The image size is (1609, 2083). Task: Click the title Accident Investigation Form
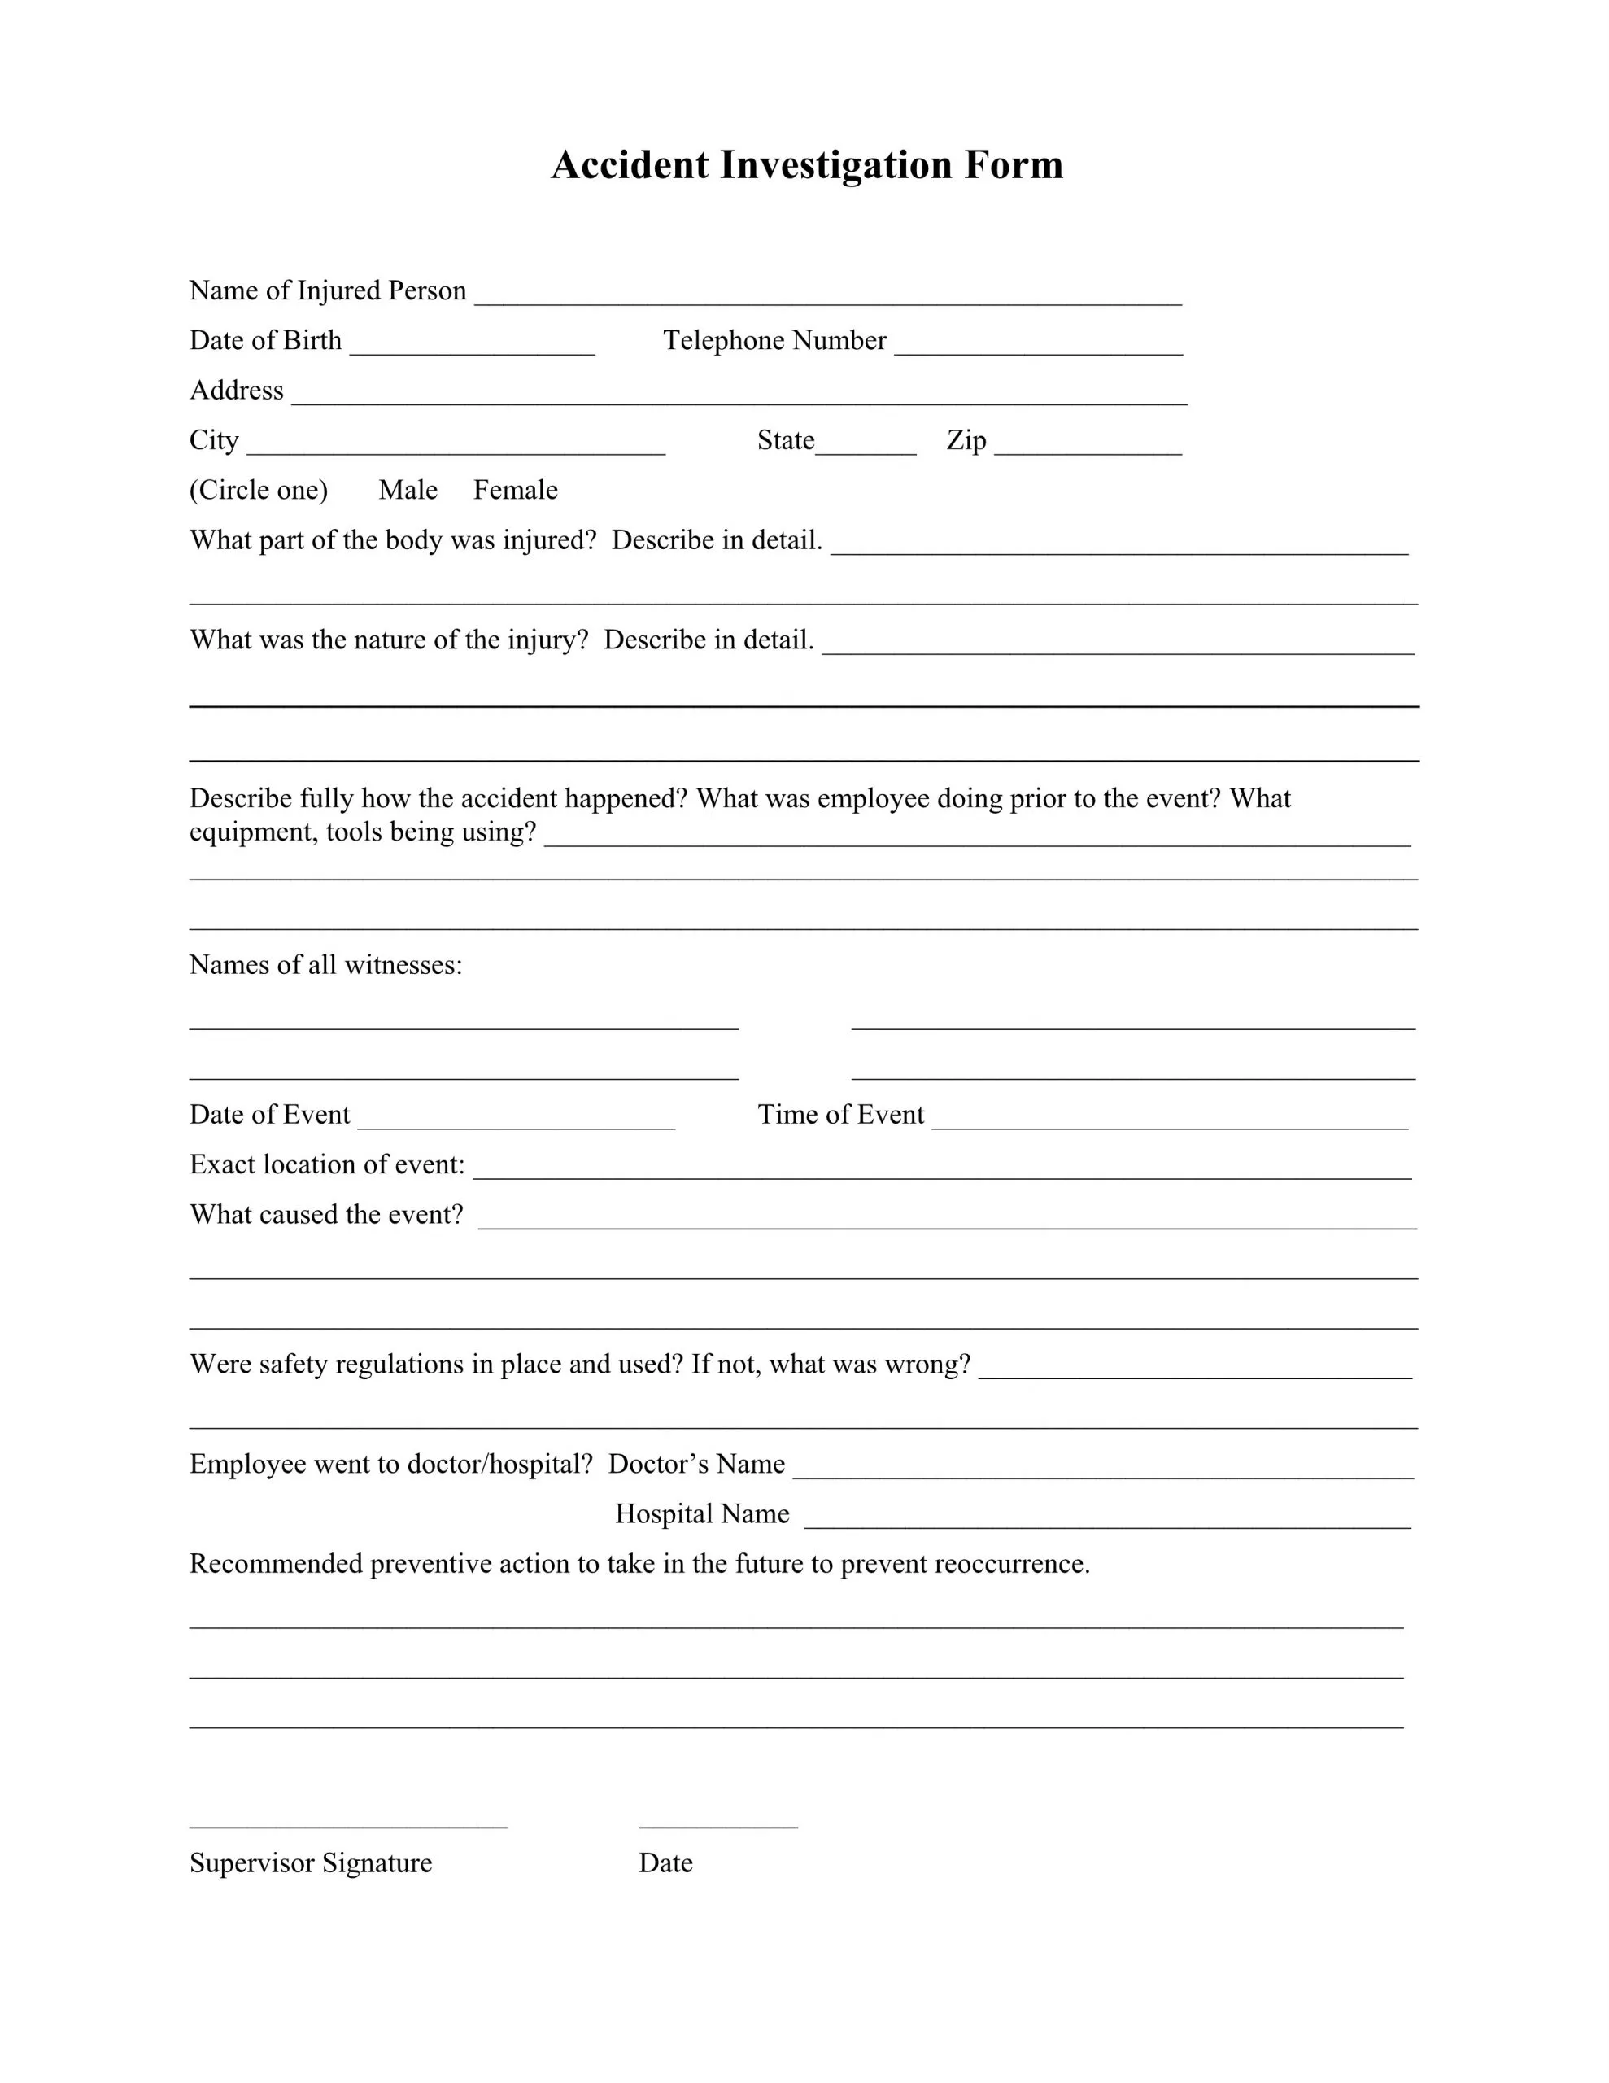[x=806, y=165]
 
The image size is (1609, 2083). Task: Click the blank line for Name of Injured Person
[x=828, y=294]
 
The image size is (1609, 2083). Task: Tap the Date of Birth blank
[x=472, y=344]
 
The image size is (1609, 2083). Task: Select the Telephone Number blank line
[x=1038, y=344]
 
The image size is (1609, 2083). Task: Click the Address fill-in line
[x=739, y=394]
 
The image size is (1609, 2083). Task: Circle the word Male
[x=408, y=490]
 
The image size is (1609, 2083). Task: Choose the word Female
[x=515, y=490]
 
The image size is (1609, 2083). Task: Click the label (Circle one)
[x=259, y=490]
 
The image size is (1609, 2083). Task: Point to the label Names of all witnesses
[x=325, y=965]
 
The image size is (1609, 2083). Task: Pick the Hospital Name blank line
[x=1107, y=1517]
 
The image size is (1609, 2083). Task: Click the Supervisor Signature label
[x=310, y=1862]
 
